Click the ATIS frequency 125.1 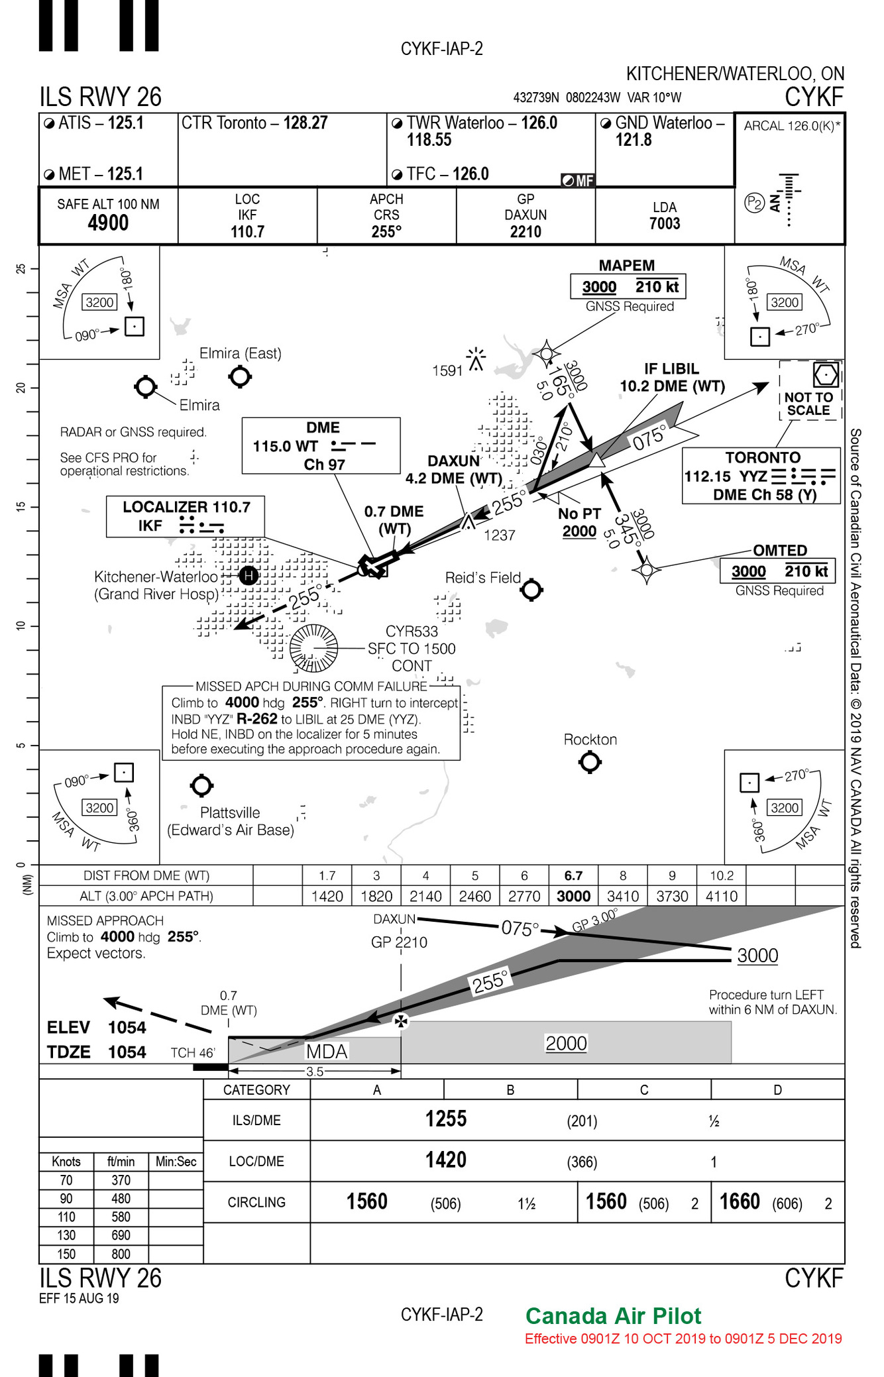125,123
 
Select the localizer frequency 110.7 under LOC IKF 247,232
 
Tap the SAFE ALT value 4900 108,223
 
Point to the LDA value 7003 664,224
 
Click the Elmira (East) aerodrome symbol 240,376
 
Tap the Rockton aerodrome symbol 590,763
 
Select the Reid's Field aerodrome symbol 531,589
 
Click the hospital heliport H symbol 249,575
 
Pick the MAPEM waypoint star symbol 547,353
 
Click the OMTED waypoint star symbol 646,569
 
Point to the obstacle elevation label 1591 447,371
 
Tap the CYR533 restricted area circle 314,648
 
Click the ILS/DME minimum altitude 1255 446,1119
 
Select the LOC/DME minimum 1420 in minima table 446,1160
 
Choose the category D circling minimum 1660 740,1202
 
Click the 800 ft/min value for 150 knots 121,1254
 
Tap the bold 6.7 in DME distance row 573,876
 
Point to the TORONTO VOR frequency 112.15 708,476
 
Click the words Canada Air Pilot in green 613,1316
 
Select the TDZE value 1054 127,1052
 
